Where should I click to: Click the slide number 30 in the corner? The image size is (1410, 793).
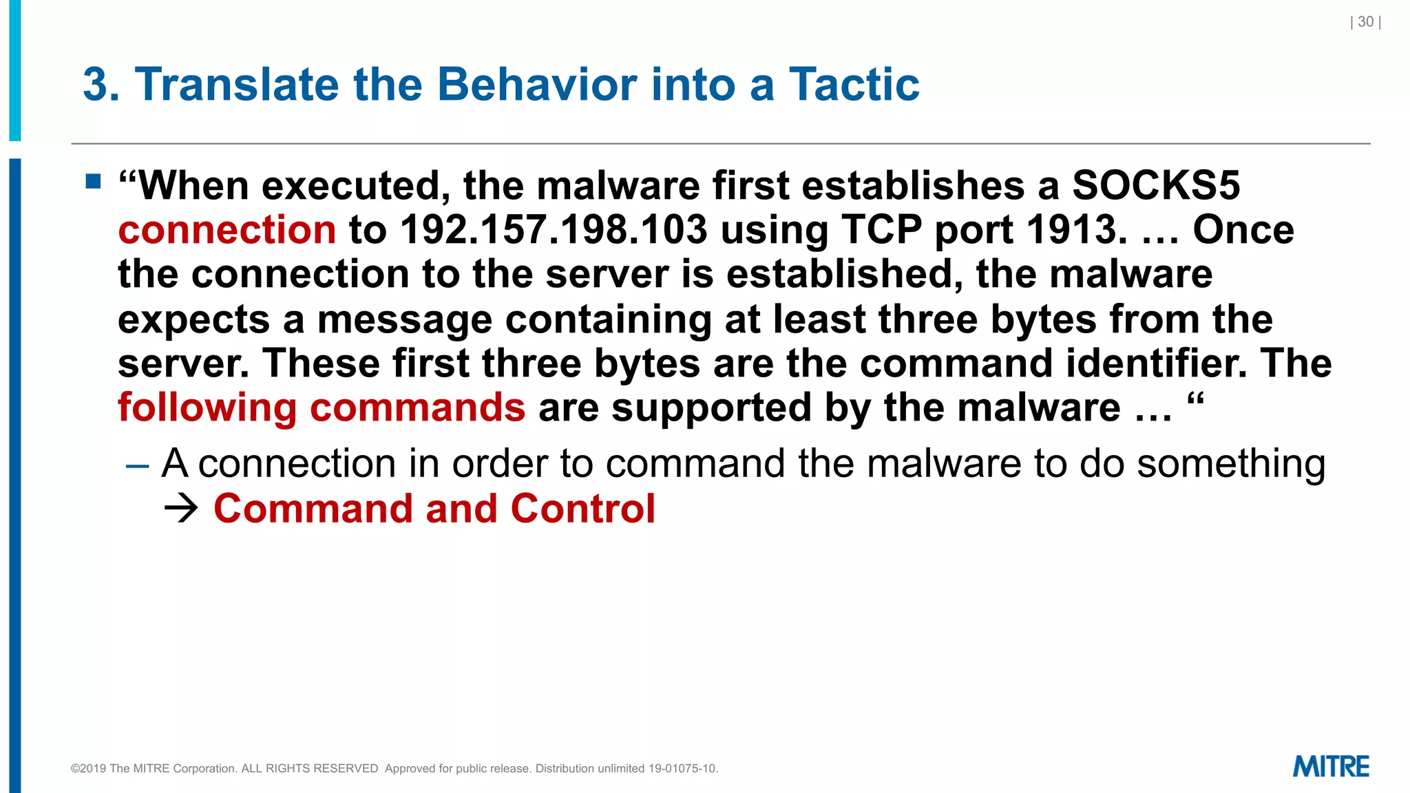click(x=1365, y=22)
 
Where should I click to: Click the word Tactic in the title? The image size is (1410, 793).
click(x=854, y=85)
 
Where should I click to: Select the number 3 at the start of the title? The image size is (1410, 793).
click(x=95, y=85)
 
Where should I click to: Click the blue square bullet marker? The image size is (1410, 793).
click(x=94, y=182)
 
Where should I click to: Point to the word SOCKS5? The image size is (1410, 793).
click(x=1156, y=186)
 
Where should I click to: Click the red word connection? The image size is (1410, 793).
click(x=227, y=230)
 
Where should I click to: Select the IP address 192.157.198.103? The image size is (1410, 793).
click(x=554, y=230)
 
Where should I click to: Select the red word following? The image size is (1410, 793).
click(x=207, y=408)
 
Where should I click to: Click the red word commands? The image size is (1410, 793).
click(x=417, y=408)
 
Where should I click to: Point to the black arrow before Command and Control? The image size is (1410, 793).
click(x=181, y=509)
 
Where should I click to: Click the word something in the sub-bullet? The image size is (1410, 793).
click(x=1230, y=464)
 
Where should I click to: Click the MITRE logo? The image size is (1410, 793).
click(x=1330, y=767)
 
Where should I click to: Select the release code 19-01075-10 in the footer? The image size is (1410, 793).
click(x=682, y=769)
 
